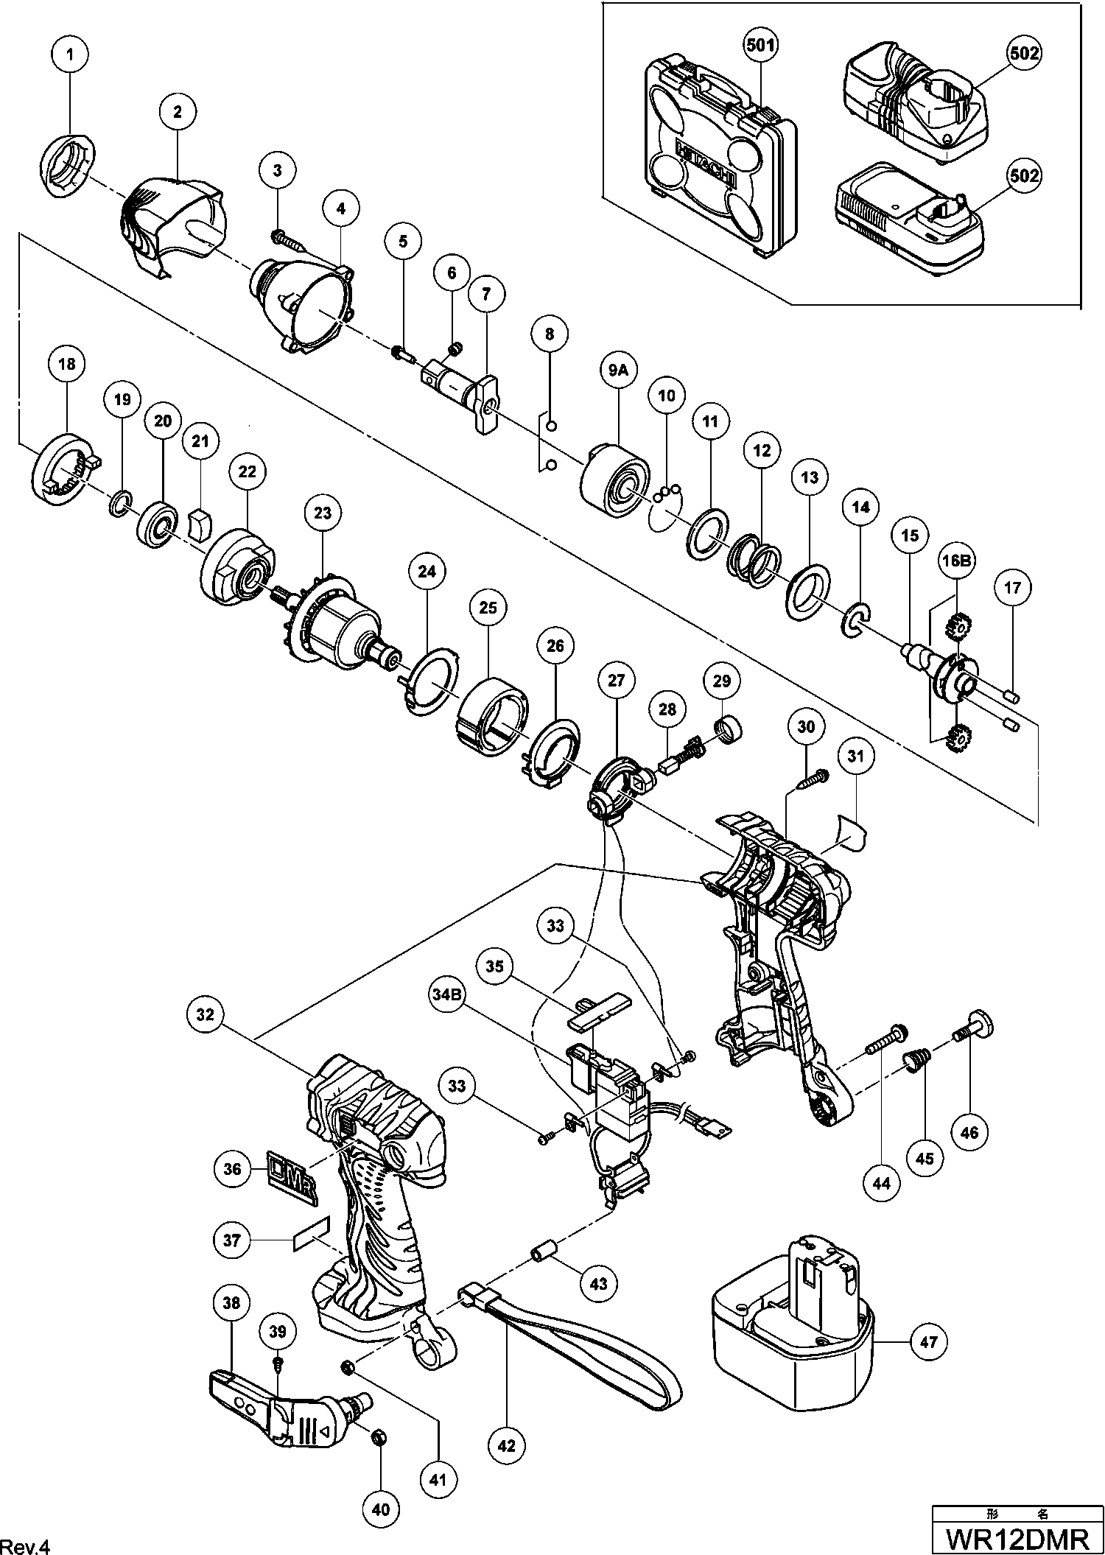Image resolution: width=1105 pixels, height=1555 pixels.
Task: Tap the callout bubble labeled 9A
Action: point(617,373)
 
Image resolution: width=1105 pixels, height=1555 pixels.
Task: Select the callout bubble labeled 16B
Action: point(955,561)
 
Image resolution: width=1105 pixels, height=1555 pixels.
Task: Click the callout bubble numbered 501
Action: point(760,46)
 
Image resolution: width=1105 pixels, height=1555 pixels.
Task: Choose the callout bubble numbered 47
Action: point(929,1341)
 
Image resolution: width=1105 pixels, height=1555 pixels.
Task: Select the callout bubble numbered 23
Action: point(323,513)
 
